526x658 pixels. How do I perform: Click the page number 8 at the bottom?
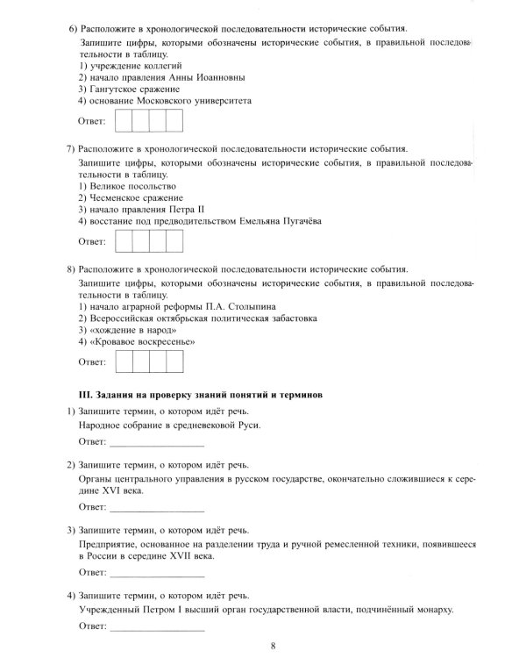point(273,647)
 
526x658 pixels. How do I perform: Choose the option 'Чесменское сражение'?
point(131,197)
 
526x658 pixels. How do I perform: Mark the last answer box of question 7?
point(174,240)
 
